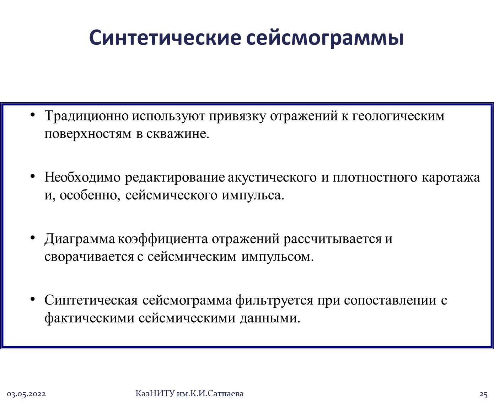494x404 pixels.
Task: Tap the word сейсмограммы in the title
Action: click(324, 39)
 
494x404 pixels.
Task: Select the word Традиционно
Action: click(87, 116)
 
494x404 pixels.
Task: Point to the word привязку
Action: click(237, 117)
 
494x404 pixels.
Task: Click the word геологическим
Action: click(398, 117)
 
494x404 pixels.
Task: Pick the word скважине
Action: click(178, 134)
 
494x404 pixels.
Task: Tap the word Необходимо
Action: click(82, 177)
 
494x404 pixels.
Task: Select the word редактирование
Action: click(175, 178)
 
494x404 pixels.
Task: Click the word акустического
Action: click(272, 178)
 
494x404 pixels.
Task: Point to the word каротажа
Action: click(451, 178)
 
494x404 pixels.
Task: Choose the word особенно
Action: click(90, 195)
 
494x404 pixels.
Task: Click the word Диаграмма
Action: click(80, 239)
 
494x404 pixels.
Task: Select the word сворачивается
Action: click(89, 257)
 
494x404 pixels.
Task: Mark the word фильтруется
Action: click(274, 301)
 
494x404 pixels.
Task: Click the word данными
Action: click(270, 318)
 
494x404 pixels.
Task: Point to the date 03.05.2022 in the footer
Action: click(26, 394)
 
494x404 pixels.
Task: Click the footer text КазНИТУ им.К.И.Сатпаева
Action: click(189, 393)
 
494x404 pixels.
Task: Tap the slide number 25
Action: click(483, 394)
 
